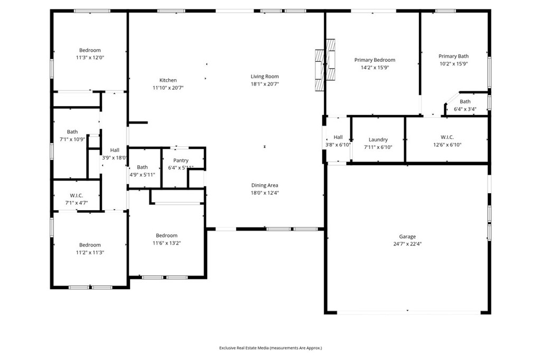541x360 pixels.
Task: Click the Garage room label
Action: click(x=407, y=236)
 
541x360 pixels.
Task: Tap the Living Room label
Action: click(x=265, y=77)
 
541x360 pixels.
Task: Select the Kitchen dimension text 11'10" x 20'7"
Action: click(x=168, y=88)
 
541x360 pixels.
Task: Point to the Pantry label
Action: click(x=181, y=160)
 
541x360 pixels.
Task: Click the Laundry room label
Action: click(x=378, y=140)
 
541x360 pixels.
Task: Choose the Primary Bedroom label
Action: click(x=375, y=60)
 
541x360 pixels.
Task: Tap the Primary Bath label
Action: click(x=453, y=56)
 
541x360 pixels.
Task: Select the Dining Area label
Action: click(x=265, y=185)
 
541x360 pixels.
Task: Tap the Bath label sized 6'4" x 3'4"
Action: click(x=465, y=102)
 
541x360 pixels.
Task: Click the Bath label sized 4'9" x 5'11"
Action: click(x=143, y=167)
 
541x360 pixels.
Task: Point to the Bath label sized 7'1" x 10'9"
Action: click(x=72, y=132)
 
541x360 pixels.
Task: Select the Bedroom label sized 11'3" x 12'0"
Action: click(x=90, y=51)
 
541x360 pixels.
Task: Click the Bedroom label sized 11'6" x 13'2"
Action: click(x=166, y=235)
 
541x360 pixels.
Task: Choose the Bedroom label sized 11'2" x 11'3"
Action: click(x=90, y=245)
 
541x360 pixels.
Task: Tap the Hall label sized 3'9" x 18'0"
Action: click(x=115, y=150)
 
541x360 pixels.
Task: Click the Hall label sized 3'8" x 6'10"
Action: click(x=338, y=137)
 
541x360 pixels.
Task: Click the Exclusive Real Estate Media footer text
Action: click(x=270, y=348)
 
